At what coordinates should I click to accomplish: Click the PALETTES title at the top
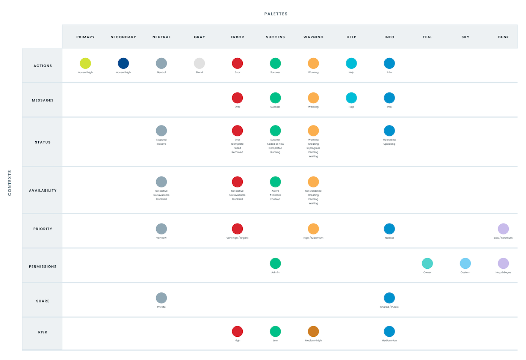tap(276, 14)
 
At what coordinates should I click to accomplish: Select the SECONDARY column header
tap(123, 37)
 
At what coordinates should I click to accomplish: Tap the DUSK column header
tap(503, 37)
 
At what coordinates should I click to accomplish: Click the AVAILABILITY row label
tap(43, 191)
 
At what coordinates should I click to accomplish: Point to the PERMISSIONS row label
tap(43, 266)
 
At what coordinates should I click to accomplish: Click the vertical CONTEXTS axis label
tap(10, 183)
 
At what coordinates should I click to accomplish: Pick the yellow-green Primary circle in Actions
tap(85, 63)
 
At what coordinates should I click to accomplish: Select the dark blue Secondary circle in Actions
tap(123, 63)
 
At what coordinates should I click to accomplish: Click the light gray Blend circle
tap(199, 63)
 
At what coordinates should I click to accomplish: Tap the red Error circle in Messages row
tap(237, 98)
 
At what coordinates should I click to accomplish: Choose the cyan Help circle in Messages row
tap(351, 98)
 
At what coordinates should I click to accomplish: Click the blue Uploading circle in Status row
tap(389, 130)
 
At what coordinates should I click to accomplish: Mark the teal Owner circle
tap(427, 263)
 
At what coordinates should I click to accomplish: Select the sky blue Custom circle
tap(465, 263)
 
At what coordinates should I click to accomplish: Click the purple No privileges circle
tap(503, 263)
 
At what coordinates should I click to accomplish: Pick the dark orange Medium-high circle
tap(313, 331)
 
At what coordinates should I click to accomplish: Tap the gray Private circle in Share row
tap(161, 298)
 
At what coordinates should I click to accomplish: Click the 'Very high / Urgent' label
tap(237, 238)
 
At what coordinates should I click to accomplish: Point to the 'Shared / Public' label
tap(389, 307)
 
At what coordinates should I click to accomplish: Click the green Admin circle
tap(275, 263)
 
